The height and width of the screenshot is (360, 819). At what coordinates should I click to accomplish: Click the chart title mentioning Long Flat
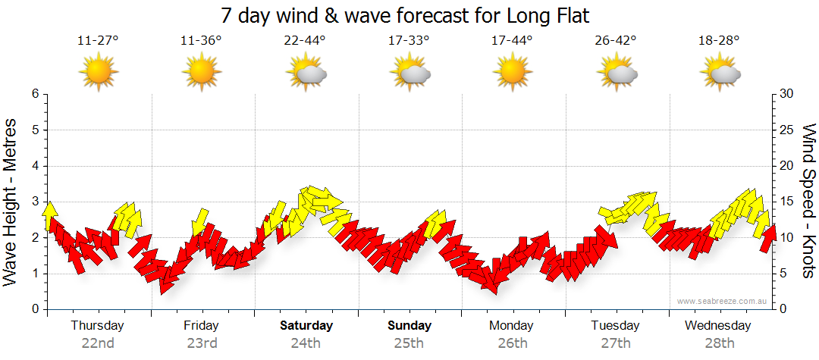(405, 15)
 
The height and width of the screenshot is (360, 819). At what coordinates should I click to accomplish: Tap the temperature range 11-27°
(98, 41)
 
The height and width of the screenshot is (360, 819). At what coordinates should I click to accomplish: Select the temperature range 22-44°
(305, 41)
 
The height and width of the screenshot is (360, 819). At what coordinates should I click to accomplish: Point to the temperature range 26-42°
(616, 41)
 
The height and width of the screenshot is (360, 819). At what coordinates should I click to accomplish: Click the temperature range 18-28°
(719, 41)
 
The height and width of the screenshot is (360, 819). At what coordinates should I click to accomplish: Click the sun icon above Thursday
(98, 73)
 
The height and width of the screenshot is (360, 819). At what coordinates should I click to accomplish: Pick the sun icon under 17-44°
(513, 73)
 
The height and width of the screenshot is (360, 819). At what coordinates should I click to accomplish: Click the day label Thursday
(98, 326)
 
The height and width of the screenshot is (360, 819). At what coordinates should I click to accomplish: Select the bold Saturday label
(306, 326)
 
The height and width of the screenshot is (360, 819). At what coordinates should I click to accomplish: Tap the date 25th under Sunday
(409, 343)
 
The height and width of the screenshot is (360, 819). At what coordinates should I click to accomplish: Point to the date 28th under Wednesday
(720, 343)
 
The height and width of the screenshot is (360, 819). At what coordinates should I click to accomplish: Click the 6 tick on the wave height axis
(35, 94)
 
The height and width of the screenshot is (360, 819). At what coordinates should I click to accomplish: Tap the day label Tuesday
(616, 326)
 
